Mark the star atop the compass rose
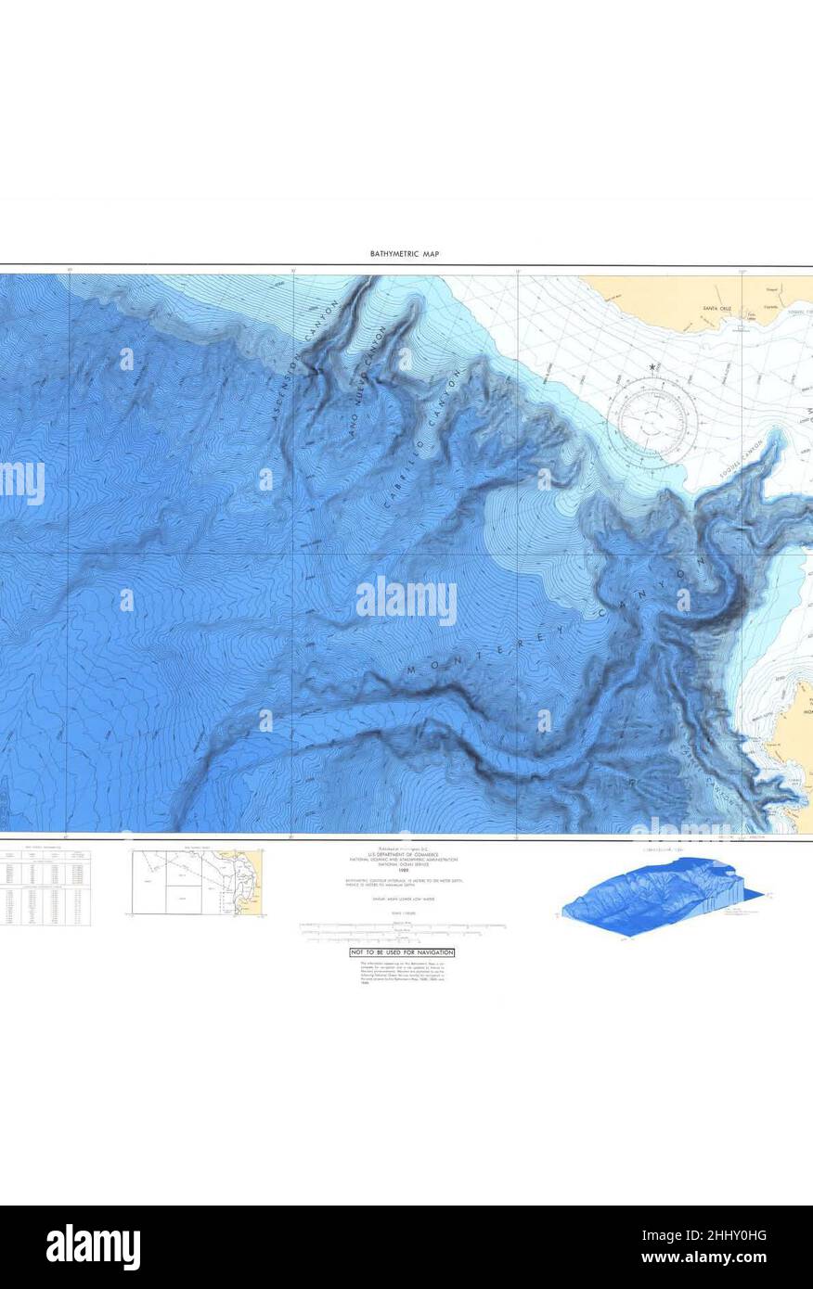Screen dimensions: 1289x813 click(654, 368)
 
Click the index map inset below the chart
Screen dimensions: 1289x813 click(197, 882)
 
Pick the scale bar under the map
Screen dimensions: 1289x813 click(402, 925)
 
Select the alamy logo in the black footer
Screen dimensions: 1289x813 click(93, 1246)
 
